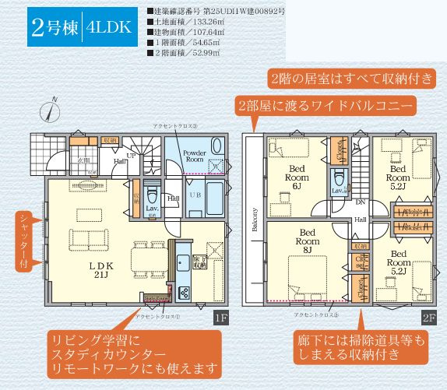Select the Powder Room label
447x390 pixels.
(195, 156)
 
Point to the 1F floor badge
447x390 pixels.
(220, 318)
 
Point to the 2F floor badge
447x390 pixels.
(428, 318)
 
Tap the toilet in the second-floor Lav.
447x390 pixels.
(339, 178)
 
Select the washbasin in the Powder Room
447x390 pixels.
(216, 166)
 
